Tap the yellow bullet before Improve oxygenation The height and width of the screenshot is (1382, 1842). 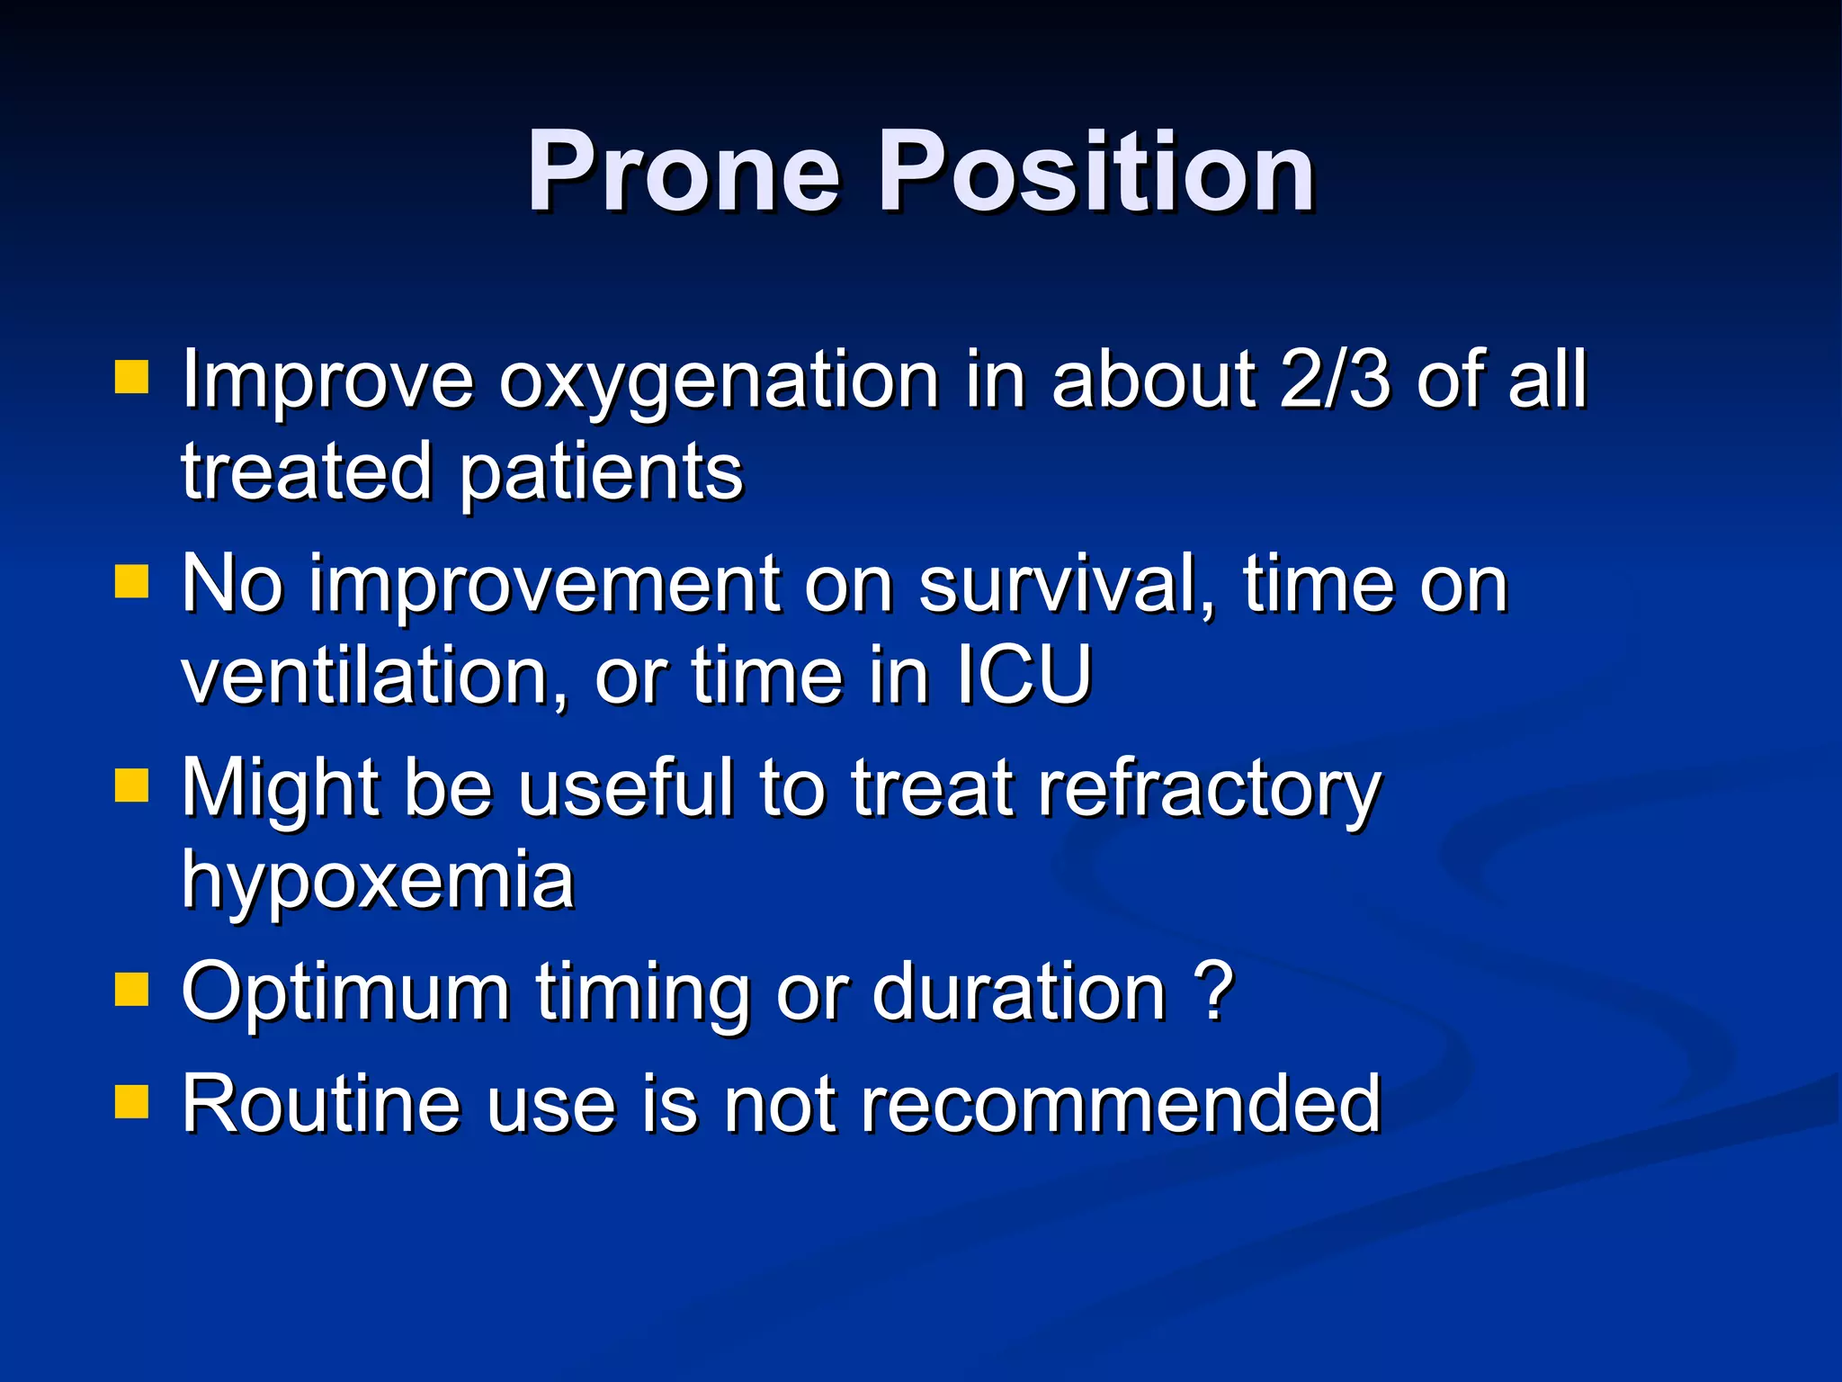tap(132, 378)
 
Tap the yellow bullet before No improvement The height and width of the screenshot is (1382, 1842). tap(132, 582)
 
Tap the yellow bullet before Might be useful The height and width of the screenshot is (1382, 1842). tap(132, 785)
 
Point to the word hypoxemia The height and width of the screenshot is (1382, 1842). tap(378, 882)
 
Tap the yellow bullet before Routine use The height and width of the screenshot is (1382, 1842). tap(132, 1100)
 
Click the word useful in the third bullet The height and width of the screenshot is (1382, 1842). tap(626, 788)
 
